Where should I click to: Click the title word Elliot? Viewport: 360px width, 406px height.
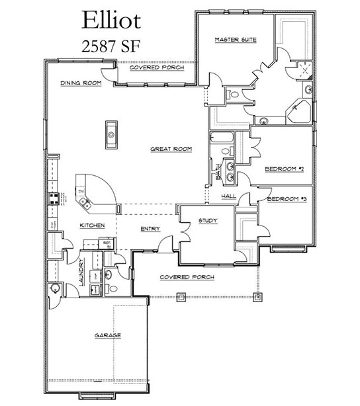(x=111, y=20)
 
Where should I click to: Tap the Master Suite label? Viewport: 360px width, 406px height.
(x=235, y=40)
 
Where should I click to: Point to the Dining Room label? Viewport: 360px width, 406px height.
(x=80, y=83)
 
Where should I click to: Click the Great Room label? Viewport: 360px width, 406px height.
(x=171, y=149)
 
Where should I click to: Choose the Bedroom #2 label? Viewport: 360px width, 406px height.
(x=283, y=169)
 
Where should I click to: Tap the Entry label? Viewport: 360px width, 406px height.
(x=151, y=229)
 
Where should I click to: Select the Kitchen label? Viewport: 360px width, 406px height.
(x=93, y=225)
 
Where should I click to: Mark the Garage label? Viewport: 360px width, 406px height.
(x=107, y=336)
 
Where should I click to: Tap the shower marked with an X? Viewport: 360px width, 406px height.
(x=304, y=71)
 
